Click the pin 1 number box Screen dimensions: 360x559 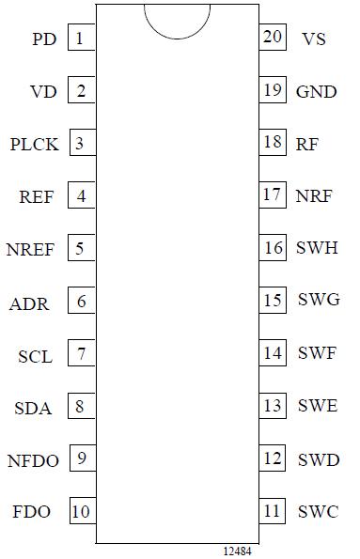click(x=81, y=39)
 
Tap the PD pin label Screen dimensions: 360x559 click(x=44, y=39)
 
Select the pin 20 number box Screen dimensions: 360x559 click(x=273, y=39)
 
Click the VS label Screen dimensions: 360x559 click(x=314, y=39)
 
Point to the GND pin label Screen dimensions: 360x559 click(x=316, y=92)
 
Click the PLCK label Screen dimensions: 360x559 click(x=34, y=145)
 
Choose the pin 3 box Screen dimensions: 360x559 click(x=81, y=144)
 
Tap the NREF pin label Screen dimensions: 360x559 click(x=30, y=250)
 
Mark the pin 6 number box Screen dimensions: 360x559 click(x=81, y=302)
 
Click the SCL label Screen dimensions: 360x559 click(x=36, y=357)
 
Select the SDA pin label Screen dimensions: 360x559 click(x=33, y=408)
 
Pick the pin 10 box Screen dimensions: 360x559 click(x=81, y=512)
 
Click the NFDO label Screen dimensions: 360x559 click(x=33, y=460)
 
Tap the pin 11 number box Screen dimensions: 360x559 click(x=273, y=512)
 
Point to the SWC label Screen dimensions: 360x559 click(x=317, y=513)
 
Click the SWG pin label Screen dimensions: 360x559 click(x=318, y=301)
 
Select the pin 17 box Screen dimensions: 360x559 click(x=273, y=196)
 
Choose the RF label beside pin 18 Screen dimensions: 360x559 click(x=306, y=145)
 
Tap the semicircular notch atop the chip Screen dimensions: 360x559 click(x=177, y=19)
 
